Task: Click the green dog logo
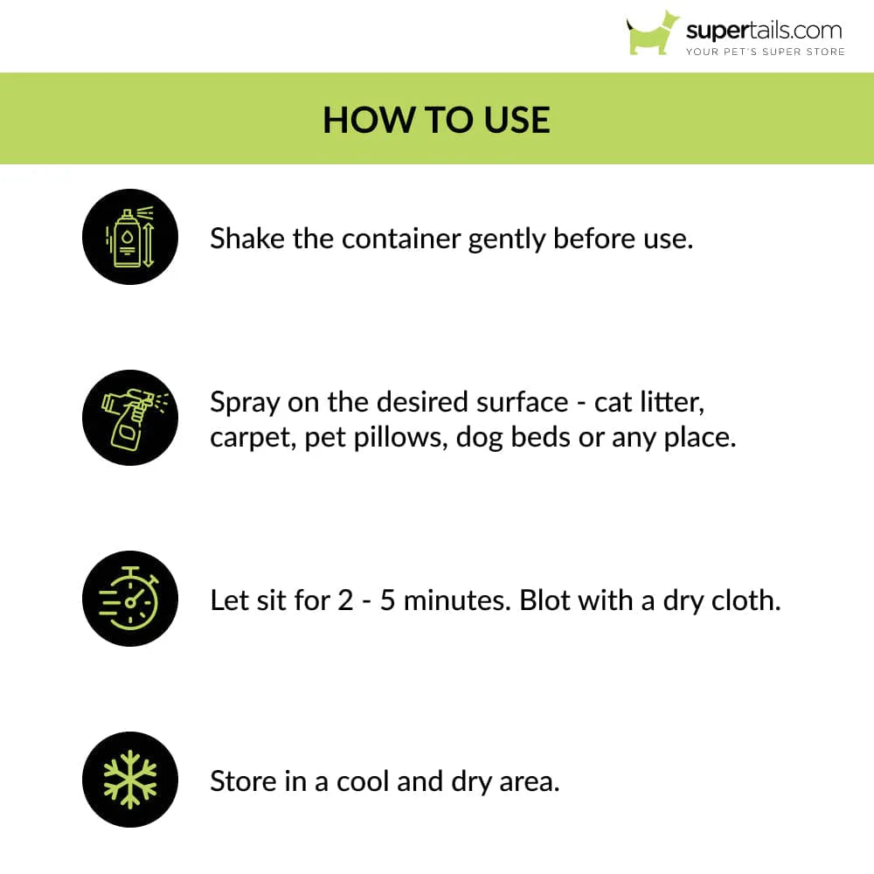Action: click(x=652, y=33)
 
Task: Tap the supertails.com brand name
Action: click(x=764, y=31)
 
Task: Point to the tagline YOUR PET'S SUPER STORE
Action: click(x=765, y=52)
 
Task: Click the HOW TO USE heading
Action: click(x=437, y=120)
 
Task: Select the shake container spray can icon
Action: click(x=129, y=237)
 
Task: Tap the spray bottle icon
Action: click(x=129, y=418)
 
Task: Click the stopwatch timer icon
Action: click(x=129, y=599)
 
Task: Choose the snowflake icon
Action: click(x=129, y=780)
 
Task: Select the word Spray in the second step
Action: click(x=245, y=403)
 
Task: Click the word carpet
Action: click(x=253, y=438)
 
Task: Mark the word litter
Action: click(x=675, y=402)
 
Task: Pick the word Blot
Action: click(x=547, y=600)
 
